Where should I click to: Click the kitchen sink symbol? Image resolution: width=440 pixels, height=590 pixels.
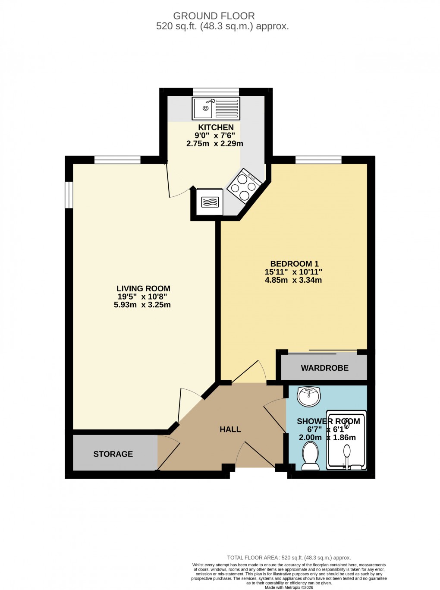216,108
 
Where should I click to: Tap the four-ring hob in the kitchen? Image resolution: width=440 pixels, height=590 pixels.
244,186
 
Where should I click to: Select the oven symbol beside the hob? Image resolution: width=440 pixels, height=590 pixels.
210,202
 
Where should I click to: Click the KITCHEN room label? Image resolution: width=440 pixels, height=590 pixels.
216,127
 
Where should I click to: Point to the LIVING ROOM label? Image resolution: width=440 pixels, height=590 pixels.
143,288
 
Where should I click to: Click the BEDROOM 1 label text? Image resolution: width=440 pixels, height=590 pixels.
294,264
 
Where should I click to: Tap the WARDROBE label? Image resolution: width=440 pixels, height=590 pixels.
324,368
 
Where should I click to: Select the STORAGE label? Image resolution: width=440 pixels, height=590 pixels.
113,454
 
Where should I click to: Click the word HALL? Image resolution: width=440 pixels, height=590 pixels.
230,429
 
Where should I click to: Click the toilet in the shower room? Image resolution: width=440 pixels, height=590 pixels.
310,457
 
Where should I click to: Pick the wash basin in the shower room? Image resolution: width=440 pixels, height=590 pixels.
309,396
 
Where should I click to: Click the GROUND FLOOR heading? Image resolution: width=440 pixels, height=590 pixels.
214,16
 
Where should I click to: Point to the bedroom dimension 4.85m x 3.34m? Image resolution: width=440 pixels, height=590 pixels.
293,280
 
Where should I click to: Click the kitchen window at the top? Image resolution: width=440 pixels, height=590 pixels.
216,91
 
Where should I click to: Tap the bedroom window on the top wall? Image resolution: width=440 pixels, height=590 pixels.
318,160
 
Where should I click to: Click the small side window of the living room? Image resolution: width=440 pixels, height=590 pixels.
69,195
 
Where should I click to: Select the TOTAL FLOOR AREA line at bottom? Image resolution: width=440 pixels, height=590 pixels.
289,558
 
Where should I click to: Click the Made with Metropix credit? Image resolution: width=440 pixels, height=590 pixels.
289,587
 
